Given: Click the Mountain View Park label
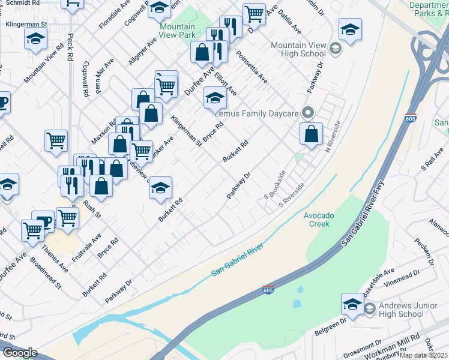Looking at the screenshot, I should point(178,31).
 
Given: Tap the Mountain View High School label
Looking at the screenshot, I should point(298,49).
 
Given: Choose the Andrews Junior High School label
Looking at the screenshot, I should point(402,310).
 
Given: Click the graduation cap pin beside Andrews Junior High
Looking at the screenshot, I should point(352,303).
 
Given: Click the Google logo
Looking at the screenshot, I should point(20,353).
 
